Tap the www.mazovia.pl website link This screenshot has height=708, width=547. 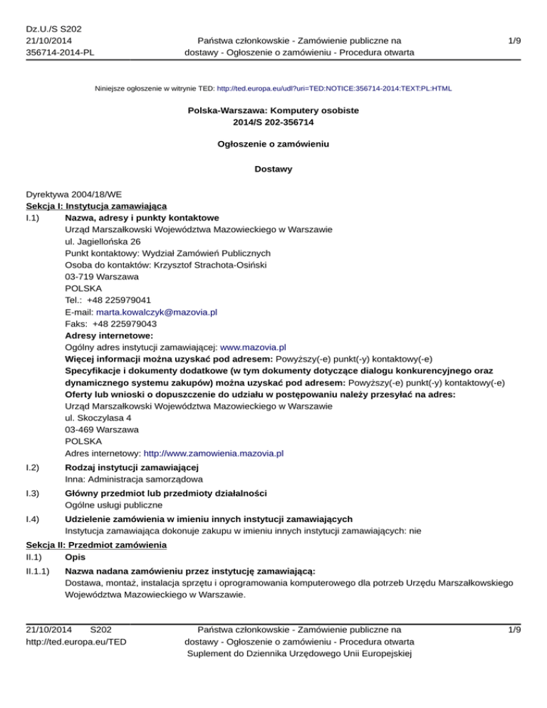253,347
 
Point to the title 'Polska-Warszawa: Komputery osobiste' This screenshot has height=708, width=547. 273,111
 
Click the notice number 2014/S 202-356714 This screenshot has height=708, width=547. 273,123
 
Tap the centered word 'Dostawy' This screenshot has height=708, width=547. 273,170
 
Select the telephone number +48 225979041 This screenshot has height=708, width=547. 120,300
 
